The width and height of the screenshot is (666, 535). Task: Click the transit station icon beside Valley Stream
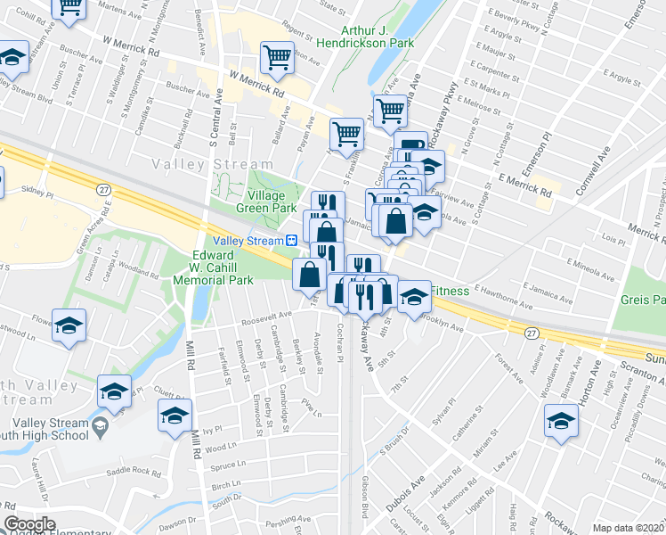pos(290,241)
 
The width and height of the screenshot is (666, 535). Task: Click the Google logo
pos(29,524)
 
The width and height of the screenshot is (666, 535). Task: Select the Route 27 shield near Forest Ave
pos(532,333)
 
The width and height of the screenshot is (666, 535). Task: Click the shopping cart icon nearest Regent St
pos(277,58)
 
